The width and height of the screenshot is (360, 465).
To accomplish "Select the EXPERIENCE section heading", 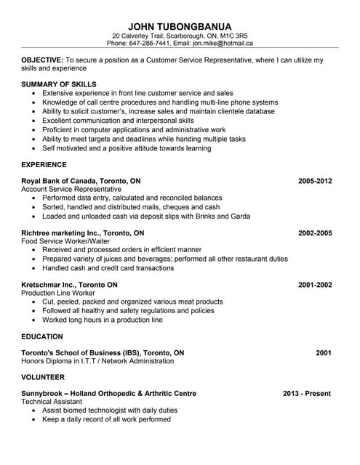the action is click(x=44, y=165).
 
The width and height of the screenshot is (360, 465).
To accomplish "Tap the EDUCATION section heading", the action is click(x=42, y=336).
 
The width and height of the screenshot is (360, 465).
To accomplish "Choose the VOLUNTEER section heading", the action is click(x=44, y=377).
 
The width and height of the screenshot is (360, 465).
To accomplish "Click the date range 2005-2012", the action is click(x=315, y=180).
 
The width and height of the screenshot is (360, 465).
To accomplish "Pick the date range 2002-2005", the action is click(x=315, y=232).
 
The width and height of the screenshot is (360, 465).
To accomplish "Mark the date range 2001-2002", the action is click(x=315, y=285).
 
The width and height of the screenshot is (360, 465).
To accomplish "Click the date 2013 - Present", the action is click(x=307, y=394).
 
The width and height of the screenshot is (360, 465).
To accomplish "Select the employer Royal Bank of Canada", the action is click(x=62, y=180).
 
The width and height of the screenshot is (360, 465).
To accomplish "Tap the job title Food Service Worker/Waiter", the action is click(x=66, y=241).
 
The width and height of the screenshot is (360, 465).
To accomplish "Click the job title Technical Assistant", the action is click(x=52, y=402).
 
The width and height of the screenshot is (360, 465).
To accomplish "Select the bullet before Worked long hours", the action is click(x=35, y=320).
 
